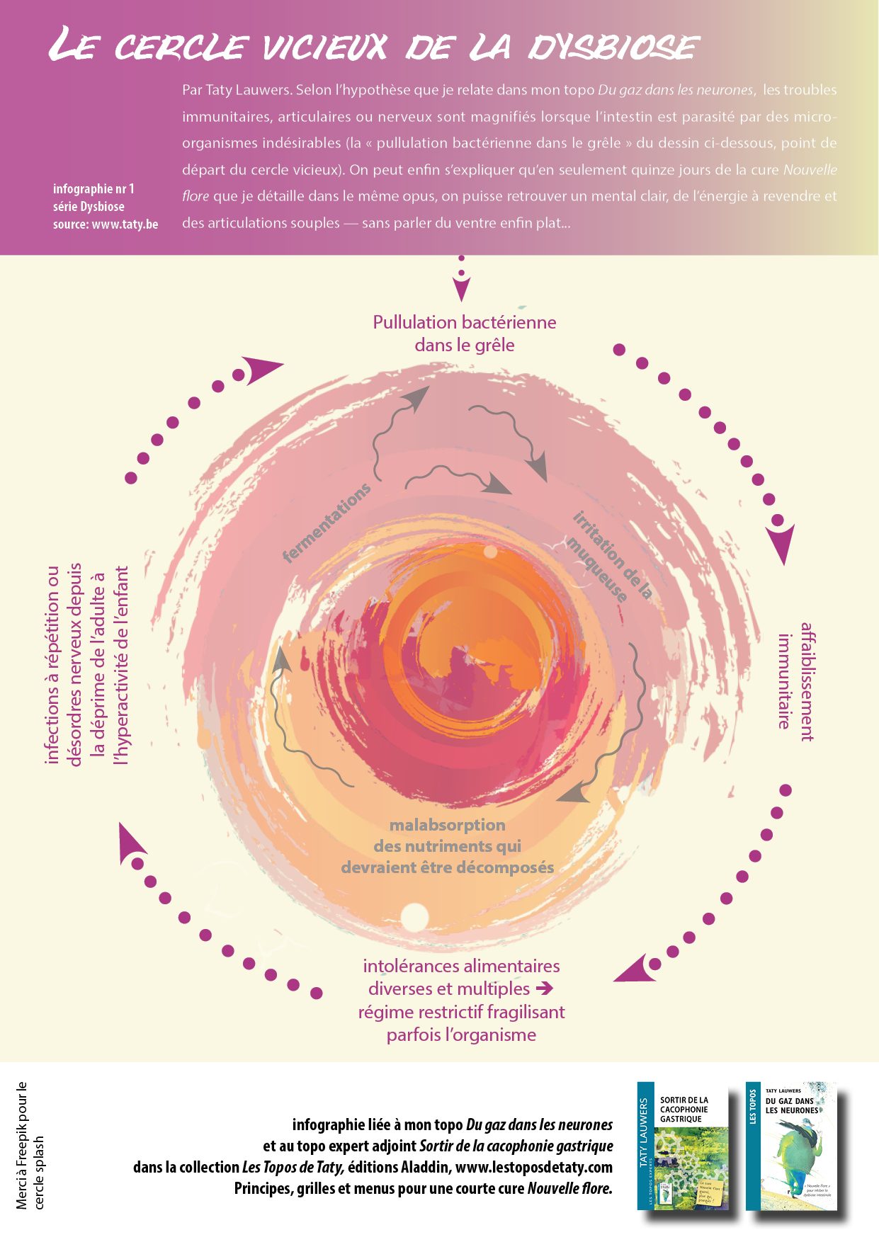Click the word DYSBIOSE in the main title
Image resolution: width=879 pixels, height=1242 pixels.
tap(613, 47)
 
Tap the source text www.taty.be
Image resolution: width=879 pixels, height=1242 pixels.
tap(125, 224)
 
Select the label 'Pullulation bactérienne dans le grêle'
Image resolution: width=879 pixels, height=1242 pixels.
tap(464, 334)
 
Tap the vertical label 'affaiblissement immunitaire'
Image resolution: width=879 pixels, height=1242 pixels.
tap(795, 681)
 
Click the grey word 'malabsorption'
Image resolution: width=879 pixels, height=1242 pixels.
tap(447, 825)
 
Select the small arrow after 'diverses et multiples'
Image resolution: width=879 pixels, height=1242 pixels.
tap(544, 988)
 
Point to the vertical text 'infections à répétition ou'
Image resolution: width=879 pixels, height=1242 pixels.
tap(52, 664)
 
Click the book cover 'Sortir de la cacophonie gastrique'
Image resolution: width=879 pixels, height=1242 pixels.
tap(683, 1146)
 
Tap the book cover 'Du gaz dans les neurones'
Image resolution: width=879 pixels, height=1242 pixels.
tap(791, 1146)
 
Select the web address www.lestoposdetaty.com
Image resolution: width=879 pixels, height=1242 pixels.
tap(533, 1167)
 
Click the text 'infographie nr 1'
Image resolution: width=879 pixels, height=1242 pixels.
tap(93, 189)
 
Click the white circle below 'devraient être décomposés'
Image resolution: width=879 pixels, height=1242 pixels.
tap(414, 917)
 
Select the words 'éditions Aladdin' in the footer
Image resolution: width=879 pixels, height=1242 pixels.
tap(398, 1167)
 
